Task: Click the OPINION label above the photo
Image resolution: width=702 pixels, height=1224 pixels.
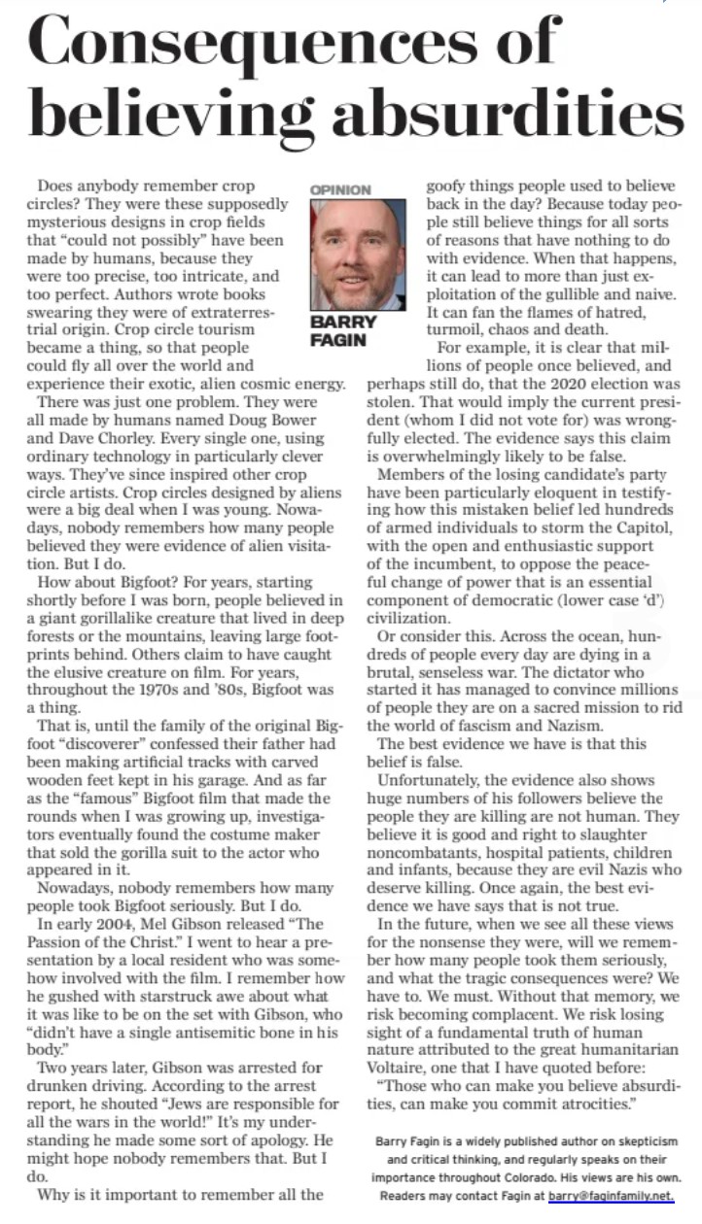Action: [339, 189]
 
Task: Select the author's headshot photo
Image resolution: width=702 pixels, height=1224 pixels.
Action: [358, 253]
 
